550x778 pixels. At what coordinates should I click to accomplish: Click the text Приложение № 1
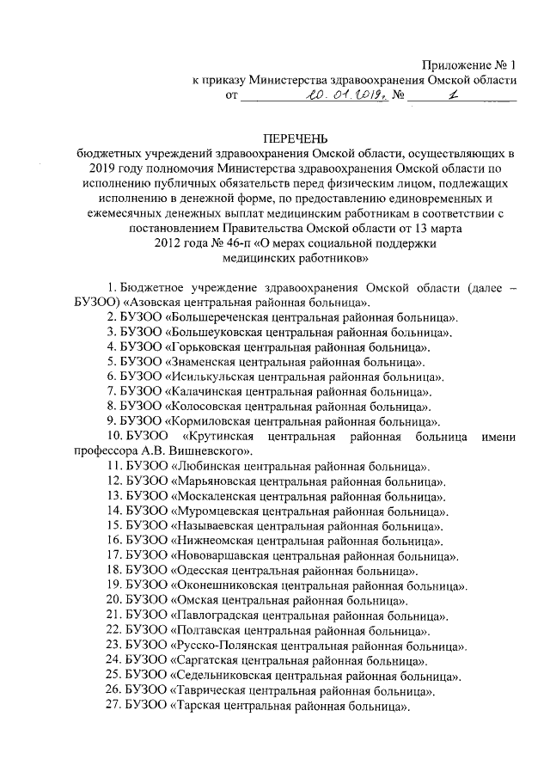(x=469, y=65)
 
